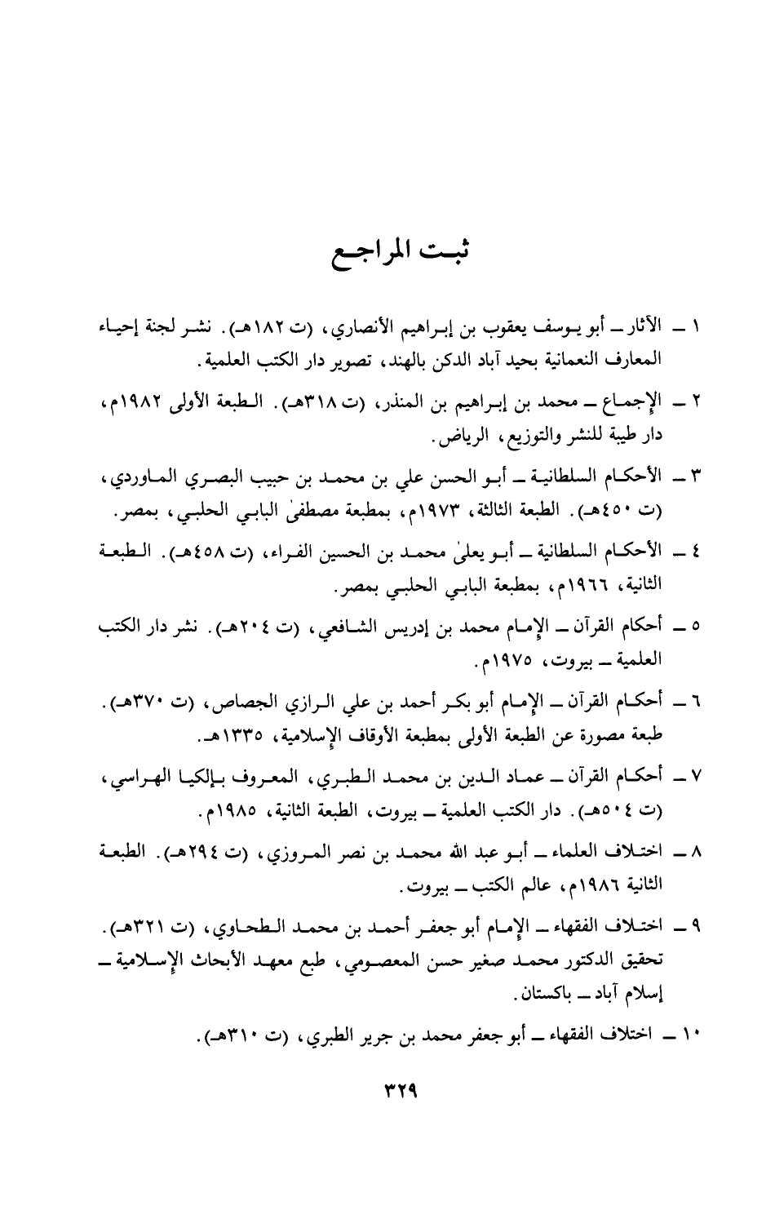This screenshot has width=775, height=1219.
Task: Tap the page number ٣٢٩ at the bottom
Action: (x=387, y=1091)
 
